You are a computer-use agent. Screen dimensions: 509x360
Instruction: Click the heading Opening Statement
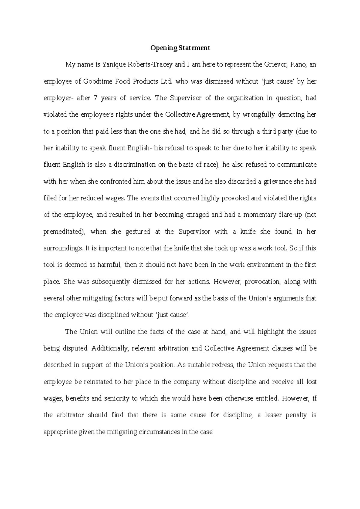click(x=180, y=48)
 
